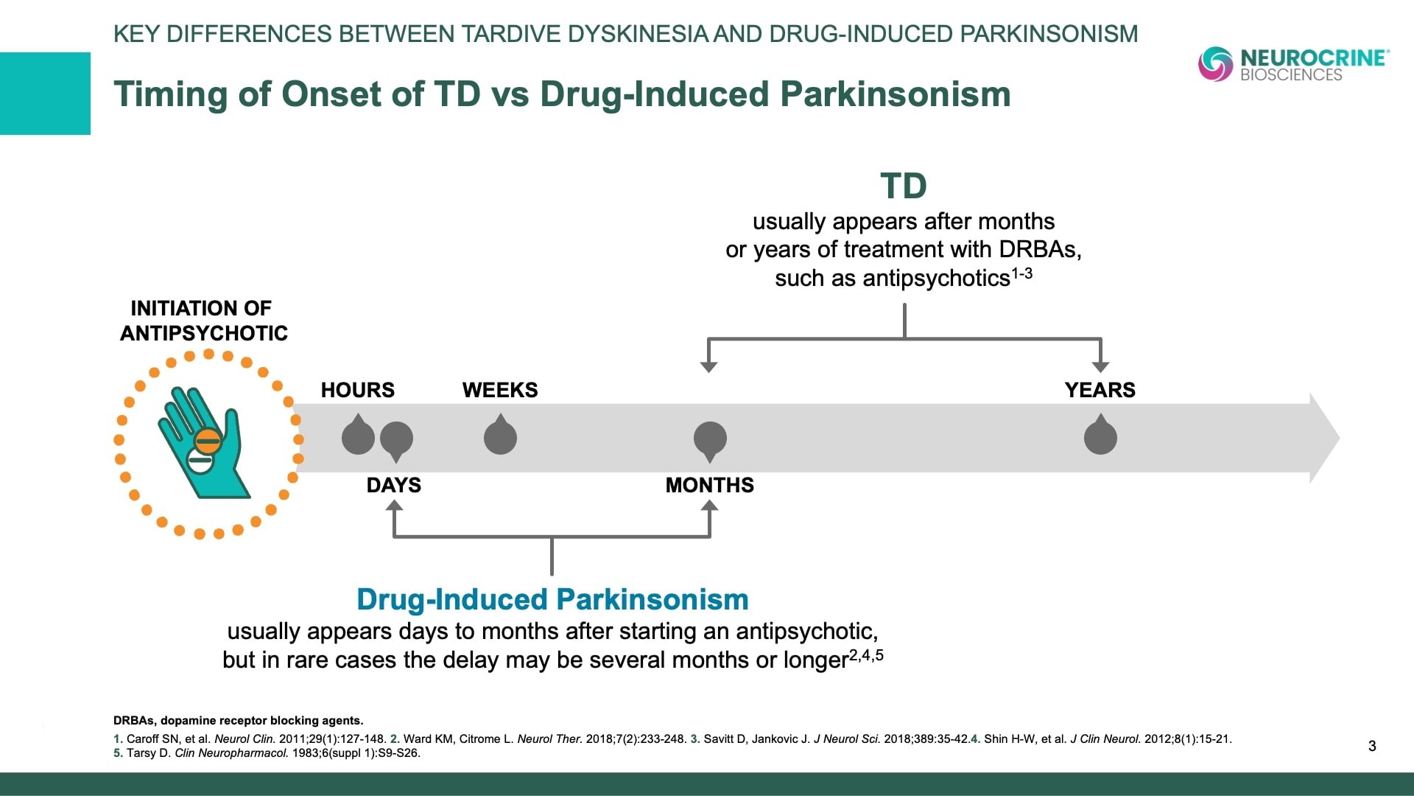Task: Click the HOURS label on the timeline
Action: coord(357,390)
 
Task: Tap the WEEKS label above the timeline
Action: coord(500,390)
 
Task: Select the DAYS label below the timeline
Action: coord(394,485)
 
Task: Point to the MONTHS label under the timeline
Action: coord(710,485)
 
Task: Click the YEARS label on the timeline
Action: coord(1100,390)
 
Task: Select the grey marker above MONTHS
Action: coord(710,441)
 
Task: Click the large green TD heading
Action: coord(904,186)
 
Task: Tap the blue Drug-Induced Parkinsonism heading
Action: coord(552,599)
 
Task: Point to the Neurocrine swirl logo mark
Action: coord(1216,64)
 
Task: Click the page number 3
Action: coord(1372,746)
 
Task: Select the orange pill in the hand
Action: coord(208,441)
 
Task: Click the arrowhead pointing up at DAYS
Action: coord(394,506)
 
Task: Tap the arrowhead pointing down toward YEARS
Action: coord(1100,366)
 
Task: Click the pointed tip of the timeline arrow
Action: coord(1339,438)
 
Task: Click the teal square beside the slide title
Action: coord(45,94)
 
